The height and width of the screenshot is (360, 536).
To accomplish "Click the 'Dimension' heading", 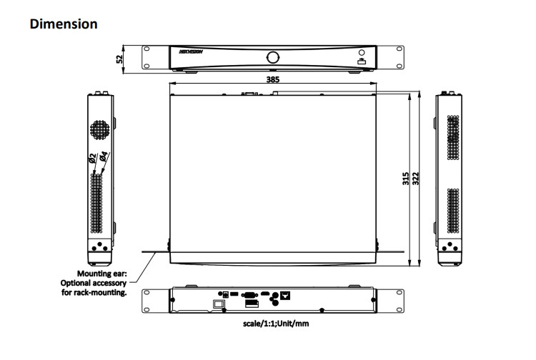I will click(64, 24).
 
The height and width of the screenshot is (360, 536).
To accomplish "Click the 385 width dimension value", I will click(272, 80).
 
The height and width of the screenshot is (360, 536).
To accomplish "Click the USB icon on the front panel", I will click(362, 64).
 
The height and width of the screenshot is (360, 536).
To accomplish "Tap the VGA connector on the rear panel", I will click(250, 294).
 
